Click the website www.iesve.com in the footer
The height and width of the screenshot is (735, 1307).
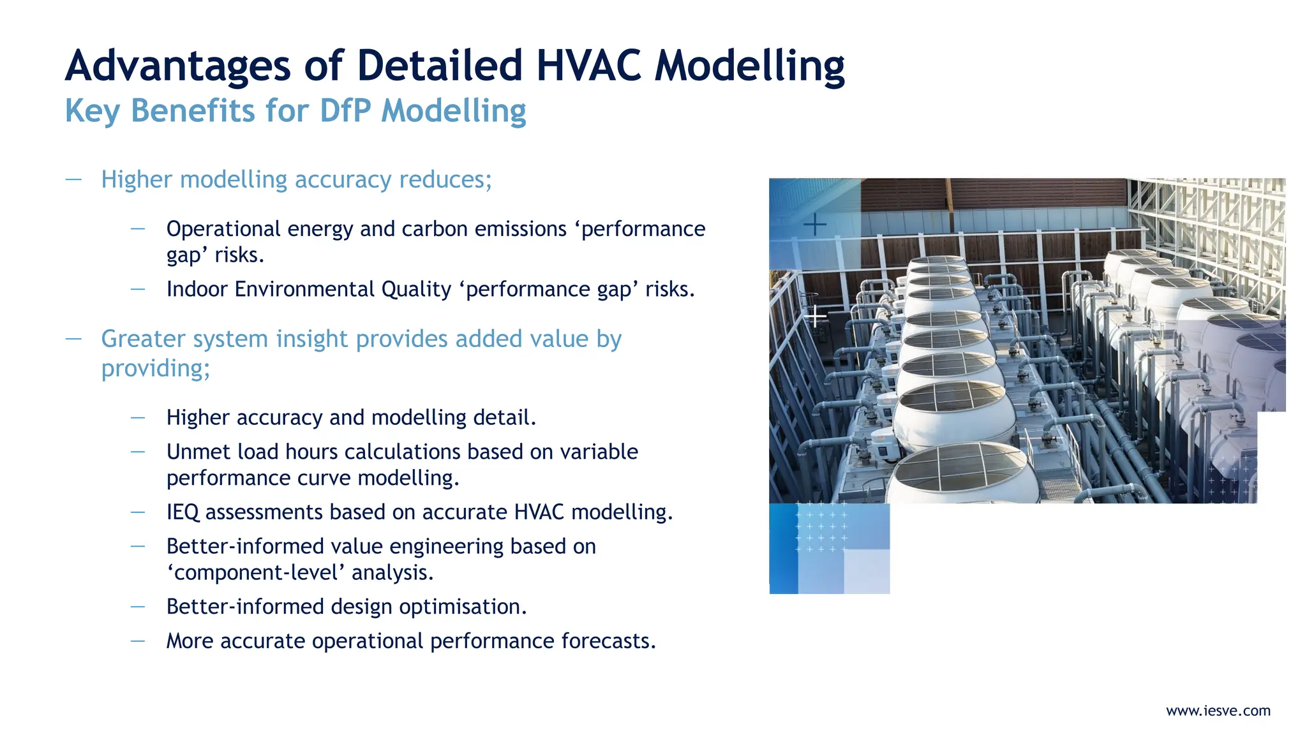[1218, 711]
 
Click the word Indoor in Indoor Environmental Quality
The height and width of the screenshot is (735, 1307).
[197, 290]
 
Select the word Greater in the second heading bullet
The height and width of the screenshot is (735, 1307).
[143, 339]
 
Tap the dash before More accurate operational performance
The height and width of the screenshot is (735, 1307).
[138, 641]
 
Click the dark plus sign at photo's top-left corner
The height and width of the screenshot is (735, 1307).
[814, 225]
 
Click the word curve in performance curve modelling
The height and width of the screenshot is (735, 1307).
[328, 478]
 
